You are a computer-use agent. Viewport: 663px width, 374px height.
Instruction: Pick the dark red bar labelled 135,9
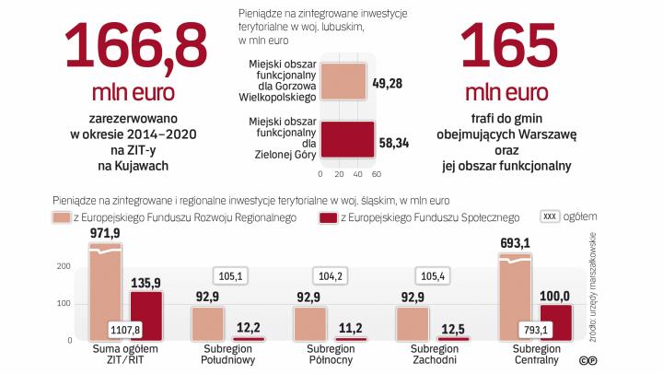[x=146, y=316]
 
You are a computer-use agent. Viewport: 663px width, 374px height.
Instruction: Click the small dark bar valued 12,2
[x=249, y=339]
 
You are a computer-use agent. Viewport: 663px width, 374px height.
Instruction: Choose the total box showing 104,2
[x=330, y=275]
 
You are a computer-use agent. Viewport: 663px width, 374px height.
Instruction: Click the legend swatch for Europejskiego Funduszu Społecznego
[x=328, y=217]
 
